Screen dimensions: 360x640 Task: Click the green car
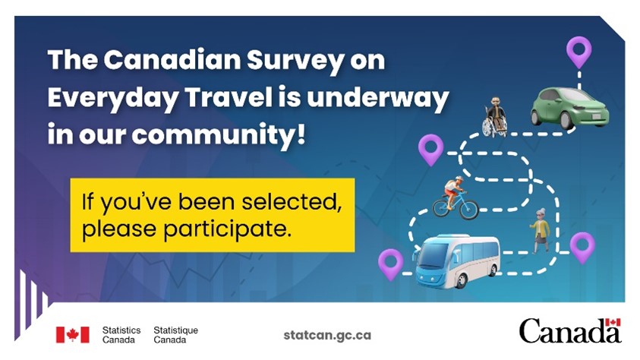[569, 107]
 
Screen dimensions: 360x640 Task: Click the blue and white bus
[456, 261]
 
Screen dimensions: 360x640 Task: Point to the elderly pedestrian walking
[540, 231]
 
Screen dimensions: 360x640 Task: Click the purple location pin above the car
[579, 52]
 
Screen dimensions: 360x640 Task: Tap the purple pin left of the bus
[390, 263]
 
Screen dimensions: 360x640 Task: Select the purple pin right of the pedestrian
[582, 245]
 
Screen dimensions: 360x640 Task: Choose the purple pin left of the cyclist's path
[430, 147]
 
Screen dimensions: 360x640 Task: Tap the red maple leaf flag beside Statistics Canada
[72, 334]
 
